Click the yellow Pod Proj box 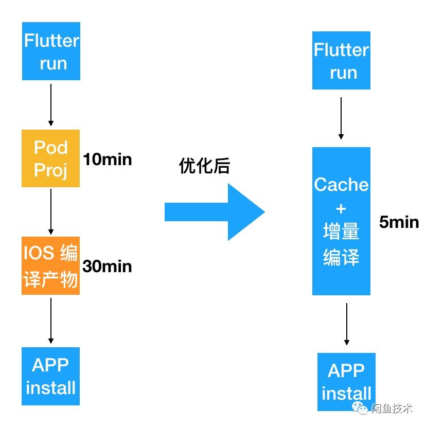tap(51, 158)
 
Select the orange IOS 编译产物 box tap(50, 266)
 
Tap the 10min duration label tap(108, 159)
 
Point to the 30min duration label tap(108, 266)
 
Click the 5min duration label tap(399, 222)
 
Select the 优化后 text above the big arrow tap(204, 166)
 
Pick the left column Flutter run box tap(51, 51)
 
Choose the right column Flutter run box tap(341, 61)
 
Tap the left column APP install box tap(50, 376)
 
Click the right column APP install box tap(346, 382)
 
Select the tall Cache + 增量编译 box tap(341, 221)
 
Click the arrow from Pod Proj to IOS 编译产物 tap(50, 211)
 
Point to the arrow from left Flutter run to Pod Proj tap(50, 105)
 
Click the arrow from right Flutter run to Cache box tap(341, 118)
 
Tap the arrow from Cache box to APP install tap(346, 324)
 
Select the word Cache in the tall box tap(341, 185)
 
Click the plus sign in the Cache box tap(341, 209)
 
